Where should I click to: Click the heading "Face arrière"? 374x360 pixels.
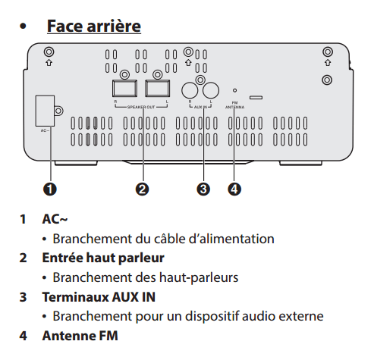point(93,26)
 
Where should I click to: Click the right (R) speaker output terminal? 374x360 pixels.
point(125,88)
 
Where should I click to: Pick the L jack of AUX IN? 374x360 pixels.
point(209,89)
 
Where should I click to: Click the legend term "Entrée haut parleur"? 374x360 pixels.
point(93,258)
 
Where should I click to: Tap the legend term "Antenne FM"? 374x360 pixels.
point(80,335)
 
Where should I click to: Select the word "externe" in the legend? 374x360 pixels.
point(302,315)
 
